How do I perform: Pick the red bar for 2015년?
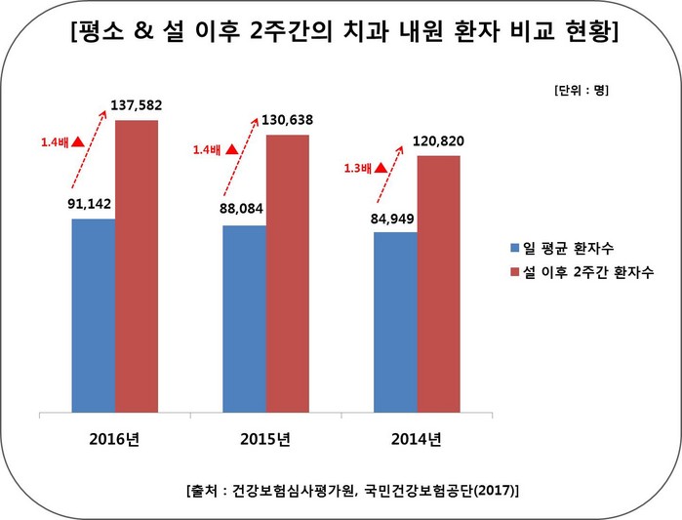click(x=288, y=272)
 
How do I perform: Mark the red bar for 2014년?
click(x=438, y=283)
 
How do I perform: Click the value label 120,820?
click(x=441, y=141)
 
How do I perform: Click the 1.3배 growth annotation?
click(x=359, y=167)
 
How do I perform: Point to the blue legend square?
click(x=513, y=244)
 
